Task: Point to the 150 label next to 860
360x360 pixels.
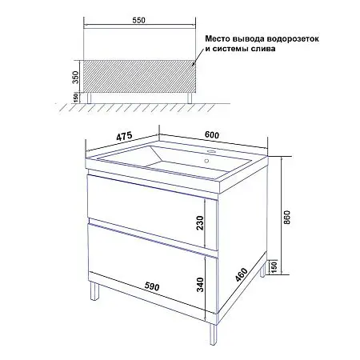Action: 274,266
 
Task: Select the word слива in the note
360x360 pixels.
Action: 262,48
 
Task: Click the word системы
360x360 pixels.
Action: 232,48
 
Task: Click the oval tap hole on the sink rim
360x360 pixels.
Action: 211,152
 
